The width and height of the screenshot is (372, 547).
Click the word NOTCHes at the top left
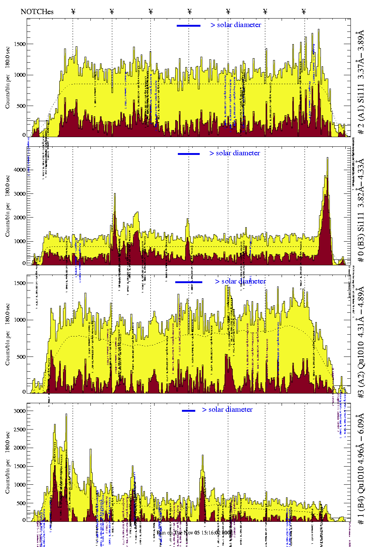37,11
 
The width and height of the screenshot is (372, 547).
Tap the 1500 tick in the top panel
20,44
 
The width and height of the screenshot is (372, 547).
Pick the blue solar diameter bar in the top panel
189,26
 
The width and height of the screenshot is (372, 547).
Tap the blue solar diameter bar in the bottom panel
189,411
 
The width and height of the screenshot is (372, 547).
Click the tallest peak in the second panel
327,159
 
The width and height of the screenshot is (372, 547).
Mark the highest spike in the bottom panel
66,415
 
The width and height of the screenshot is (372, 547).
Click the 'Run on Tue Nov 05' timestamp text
195,533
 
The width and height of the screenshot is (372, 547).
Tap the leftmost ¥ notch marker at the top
73,12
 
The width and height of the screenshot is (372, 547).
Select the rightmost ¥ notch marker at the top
304,12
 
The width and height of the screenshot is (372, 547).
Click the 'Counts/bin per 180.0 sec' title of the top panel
8,78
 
